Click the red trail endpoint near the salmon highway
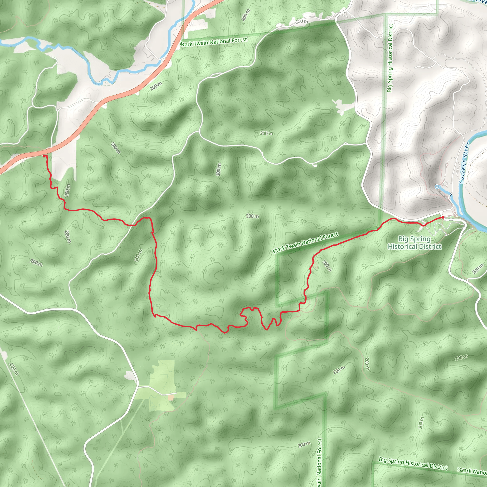click(x=44, y=156)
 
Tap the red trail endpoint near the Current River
click(x=443, y=217)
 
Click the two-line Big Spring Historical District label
click(x=414, y=243)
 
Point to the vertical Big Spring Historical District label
click(x=390, y=58)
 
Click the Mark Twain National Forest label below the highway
click(x=213, y=42)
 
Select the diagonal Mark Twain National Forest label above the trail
click(x=305, y=243)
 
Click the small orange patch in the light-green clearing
click(x=171, y=398)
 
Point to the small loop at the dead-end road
click(x=314, y=165)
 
